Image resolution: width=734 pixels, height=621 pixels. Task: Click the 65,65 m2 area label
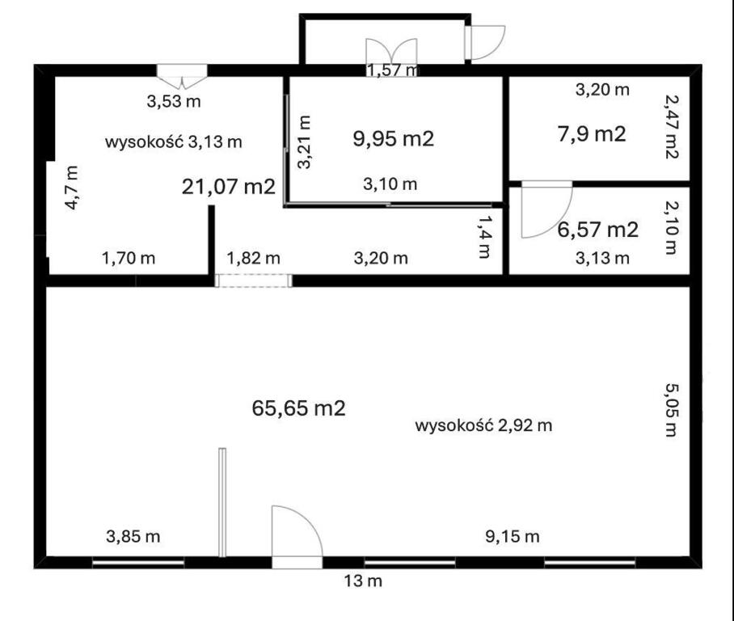pyautogui.click(x=298, y=408)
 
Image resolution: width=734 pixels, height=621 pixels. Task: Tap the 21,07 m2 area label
pyautogui.click(x=229, y=187)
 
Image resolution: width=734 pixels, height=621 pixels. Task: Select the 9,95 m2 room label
pyautogui.click(x=393, y=138)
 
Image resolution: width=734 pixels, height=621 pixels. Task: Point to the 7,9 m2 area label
pyautogui.click(x=592, y=134)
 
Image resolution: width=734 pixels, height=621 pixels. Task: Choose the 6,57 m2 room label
pyautogui.click(x=597, y=230)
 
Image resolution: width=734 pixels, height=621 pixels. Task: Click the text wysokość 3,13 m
pyautogui.click(x=174, y=142)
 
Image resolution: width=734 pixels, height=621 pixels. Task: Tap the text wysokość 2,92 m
pyautogui.click(x=483, y=425)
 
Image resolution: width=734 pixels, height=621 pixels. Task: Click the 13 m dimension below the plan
pyautogui.click(x=363, y=581)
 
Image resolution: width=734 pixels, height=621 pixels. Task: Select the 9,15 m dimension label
pyautogui.click(x=513, y=536)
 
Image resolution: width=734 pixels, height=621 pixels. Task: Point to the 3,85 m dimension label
pyautogui.click(x=133, y=536)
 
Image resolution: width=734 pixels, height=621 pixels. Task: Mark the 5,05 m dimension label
pyautogui.click(x=672, y=410)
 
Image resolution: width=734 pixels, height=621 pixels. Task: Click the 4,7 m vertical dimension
pyautogui.click(x=72, y=188)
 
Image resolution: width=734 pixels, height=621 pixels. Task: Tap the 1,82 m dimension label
pyautogui.click(x=254, y=258)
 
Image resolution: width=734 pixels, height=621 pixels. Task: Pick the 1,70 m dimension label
pyautogui.click(x=129, y=258)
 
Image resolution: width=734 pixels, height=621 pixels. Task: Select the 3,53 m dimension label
pyautogui.click(x=174, y=101)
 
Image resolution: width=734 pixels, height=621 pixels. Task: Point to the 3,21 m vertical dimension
pyautogui.click(x=304, y=142)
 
